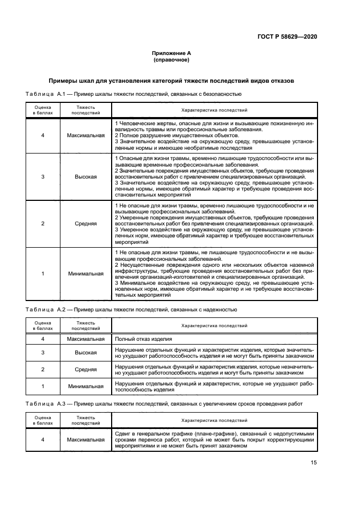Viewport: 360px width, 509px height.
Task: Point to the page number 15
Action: click(x=314, y=463)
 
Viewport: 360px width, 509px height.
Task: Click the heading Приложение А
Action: click(x=172, y=53)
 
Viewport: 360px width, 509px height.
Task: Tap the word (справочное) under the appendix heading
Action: click(x=172, y=60)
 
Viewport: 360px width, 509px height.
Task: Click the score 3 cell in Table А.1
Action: click(x=43, y=177)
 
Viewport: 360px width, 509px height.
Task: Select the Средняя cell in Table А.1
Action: click(x=86, y=223)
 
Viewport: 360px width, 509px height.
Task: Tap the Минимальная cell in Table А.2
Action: click(x=86, y=387)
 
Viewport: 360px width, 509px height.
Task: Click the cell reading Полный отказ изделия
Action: click(x=144, y=338)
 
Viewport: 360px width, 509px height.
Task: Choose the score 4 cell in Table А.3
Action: click(x=43, y=439)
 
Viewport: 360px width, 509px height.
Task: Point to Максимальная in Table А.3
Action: click(x=86, y=439)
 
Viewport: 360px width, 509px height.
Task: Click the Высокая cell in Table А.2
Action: click(x=86, y=353)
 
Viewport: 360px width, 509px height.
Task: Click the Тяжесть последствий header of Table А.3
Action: click(x=86, y=420)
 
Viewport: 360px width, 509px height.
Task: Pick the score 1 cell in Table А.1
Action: click(x=43, y=274)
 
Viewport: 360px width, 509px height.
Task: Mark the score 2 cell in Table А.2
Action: click(x=43, y=370)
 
